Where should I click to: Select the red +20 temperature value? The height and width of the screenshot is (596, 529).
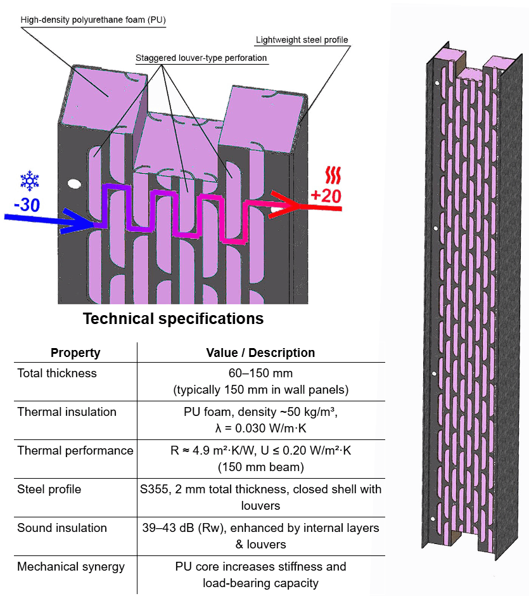[326, 196]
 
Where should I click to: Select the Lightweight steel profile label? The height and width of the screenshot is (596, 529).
[302, 40]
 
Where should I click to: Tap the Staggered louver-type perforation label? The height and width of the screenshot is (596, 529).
[201, 58]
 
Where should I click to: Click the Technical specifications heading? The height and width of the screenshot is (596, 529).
[173, 318]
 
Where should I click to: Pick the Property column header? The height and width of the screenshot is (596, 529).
[75, 353]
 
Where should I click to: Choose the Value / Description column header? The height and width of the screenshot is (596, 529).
[260, 353]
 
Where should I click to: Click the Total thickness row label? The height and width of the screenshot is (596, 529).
[57, 373]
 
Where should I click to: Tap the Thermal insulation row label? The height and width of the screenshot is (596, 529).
[67, 412]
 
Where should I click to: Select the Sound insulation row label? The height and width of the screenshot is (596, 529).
[62, 528]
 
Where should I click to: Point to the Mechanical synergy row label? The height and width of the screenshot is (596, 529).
[71, 567]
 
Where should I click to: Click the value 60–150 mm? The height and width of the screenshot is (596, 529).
[260, 373]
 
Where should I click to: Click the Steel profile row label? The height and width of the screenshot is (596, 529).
[49, 489]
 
